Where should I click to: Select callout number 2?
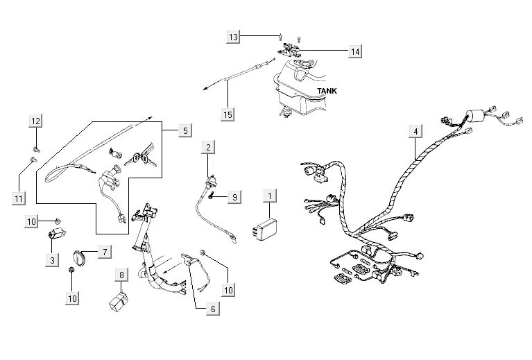click(x=208, y=147)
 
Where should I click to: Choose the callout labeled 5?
click(x=185, y=130)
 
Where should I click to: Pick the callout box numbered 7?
click(x=104, y=251)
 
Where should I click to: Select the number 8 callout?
click(x=121, y=275)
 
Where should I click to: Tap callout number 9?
click(x=234, y=198)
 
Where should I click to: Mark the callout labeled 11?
click(x=19, y=198)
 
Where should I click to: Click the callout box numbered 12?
click(x=35, y=122)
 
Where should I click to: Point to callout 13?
click(x=234, y=36)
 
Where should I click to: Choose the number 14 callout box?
click(x=354, y=51)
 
